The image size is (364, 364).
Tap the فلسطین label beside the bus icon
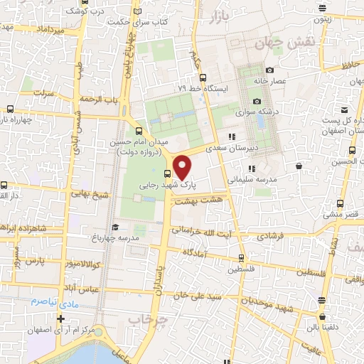[240, 270]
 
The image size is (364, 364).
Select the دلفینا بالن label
[322, 328]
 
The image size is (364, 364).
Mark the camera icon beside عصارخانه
[269, 70]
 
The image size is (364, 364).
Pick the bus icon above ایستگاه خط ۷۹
[203, 77]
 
